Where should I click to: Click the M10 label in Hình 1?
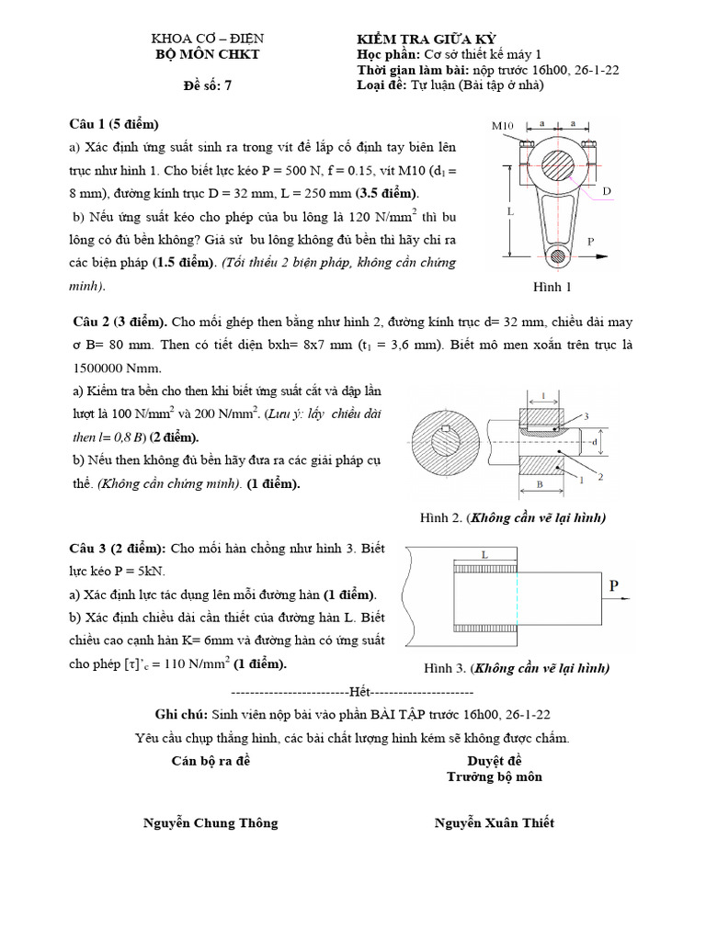tap(501, 126)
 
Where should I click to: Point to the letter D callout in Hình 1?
tap(607, 191)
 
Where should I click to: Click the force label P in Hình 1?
tap(592, 241)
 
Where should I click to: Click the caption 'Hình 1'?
tap(552, 288)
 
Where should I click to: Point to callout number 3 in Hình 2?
tap(586, 416)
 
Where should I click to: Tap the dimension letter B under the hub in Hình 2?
tap(541, 482)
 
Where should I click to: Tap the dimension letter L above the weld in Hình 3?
tap(484, 554)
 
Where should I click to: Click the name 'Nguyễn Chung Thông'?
tap(211, 822)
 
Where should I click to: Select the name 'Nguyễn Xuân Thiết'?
tap(495, 822)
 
